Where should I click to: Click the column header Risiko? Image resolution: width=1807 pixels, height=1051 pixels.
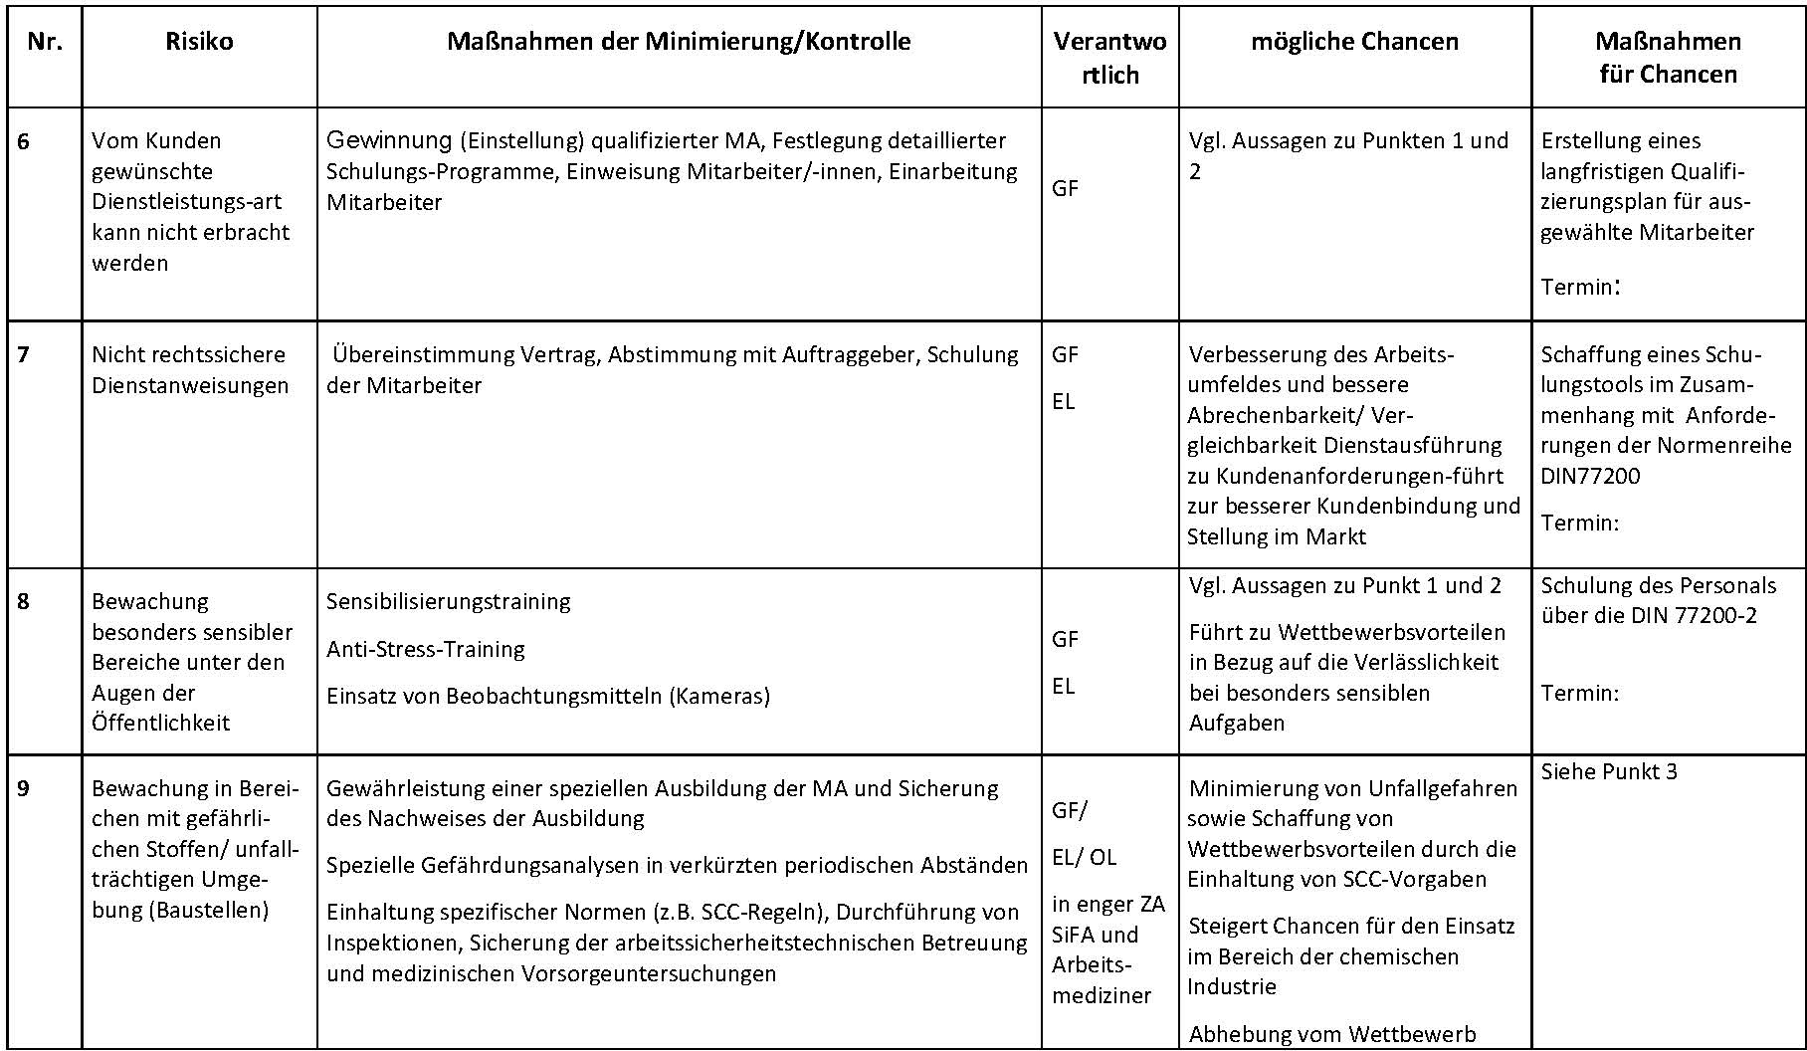[199, 42]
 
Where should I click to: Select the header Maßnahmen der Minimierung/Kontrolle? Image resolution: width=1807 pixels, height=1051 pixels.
[679, 42]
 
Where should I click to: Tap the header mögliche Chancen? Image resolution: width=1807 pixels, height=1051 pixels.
[1354, 42]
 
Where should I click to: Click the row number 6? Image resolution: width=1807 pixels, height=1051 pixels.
[24, 141]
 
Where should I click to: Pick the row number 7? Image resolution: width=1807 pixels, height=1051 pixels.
[24, 354]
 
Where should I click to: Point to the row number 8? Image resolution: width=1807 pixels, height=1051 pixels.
[24, 601]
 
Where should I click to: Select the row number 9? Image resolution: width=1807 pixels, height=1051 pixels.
[24, 788]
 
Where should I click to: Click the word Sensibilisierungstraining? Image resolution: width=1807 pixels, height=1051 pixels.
[449, 601]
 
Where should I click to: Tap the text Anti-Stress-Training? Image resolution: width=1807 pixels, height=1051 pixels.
[426, 649]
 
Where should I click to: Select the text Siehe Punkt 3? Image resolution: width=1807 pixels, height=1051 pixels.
[1609, 771]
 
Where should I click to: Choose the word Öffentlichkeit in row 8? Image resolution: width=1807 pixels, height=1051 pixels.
[161, 723]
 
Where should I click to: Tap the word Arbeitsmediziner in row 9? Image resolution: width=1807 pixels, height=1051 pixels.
[1102, 979]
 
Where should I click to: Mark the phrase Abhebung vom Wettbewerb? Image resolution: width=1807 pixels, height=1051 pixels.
[1332, 1034]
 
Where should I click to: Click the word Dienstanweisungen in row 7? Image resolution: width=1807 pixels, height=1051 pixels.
[190, 385]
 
